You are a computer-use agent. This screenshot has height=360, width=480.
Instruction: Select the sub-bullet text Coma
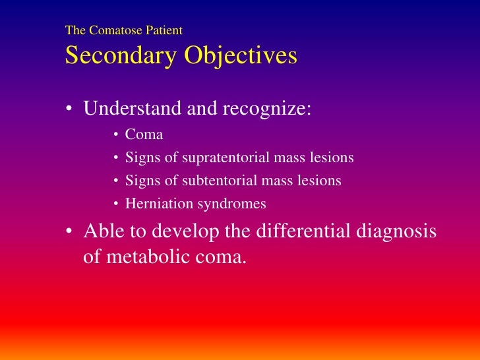pyautogui.click(x=144, y=135)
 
